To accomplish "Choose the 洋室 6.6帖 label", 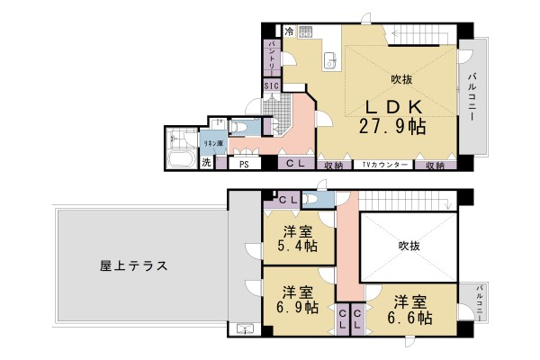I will pyautogui.click(x=409, y=310).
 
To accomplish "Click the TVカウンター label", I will pyautogui.click(x=385, y=166).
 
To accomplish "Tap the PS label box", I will pyautogui.click(x=244, y=165).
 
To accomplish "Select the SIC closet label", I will pyautogui.click(x=272, y=86).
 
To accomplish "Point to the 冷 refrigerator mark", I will pyautogui.click(x=289, y=32).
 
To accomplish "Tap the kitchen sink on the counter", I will pyautogui.click(x=329, y=60).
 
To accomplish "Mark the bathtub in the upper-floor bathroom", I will pyautogui.click(x=180, y=161).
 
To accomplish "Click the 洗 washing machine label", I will pyautogui.click(x=206, y=164).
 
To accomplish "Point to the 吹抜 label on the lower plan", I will pyautogui.click(x=409, y=245).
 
